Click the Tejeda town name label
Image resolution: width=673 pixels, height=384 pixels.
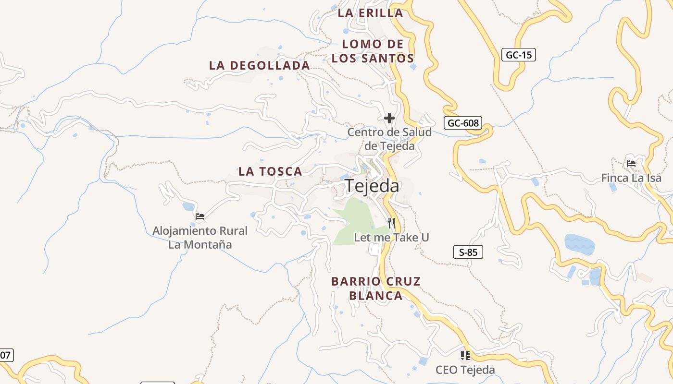tap(372, 186)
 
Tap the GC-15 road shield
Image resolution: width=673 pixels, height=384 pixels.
tap(519, 55)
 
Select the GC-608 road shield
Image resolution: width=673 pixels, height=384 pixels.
tap(462, 123)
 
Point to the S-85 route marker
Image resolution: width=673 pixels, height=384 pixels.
tap(468, 252)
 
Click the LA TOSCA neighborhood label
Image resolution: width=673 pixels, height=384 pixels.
tap(270, 171)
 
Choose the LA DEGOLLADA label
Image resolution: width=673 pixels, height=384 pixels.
tap(259, 65)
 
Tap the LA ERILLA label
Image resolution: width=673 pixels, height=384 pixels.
tap(370, 13)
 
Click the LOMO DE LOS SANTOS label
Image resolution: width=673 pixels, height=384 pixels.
tap(373, 51)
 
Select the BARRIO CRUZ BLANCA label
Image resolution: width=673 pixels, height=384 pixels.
tap(376, 288)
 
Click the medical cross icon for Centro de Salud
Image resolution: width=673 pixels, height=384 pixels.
tap(389, 118)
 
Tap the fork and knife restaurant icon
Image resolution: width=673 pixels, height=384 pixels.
tap(391, 223)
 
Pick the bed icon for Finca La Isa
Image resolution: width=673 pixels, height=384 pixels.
tap(631, 164)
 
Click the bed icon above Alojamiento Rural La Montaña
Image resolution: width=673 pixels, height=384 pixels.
tap(200, 216)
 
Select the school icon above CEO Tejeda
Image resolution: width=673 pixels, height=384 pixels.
tap(465, 356)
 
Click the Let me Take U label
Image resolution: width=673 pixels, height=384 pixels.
tap(391, 237)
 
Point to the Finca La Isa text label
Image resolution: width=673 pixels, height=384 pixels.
tap(631, 178)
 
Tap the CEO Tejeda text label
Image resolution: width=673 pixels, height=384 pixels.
tap(465, 370)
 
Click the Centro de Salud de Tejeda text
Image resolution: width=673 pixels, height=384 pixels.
tap(389, 139)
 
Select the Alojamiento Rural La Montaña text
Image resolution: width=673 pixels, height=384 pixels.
tap(200, 238)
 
